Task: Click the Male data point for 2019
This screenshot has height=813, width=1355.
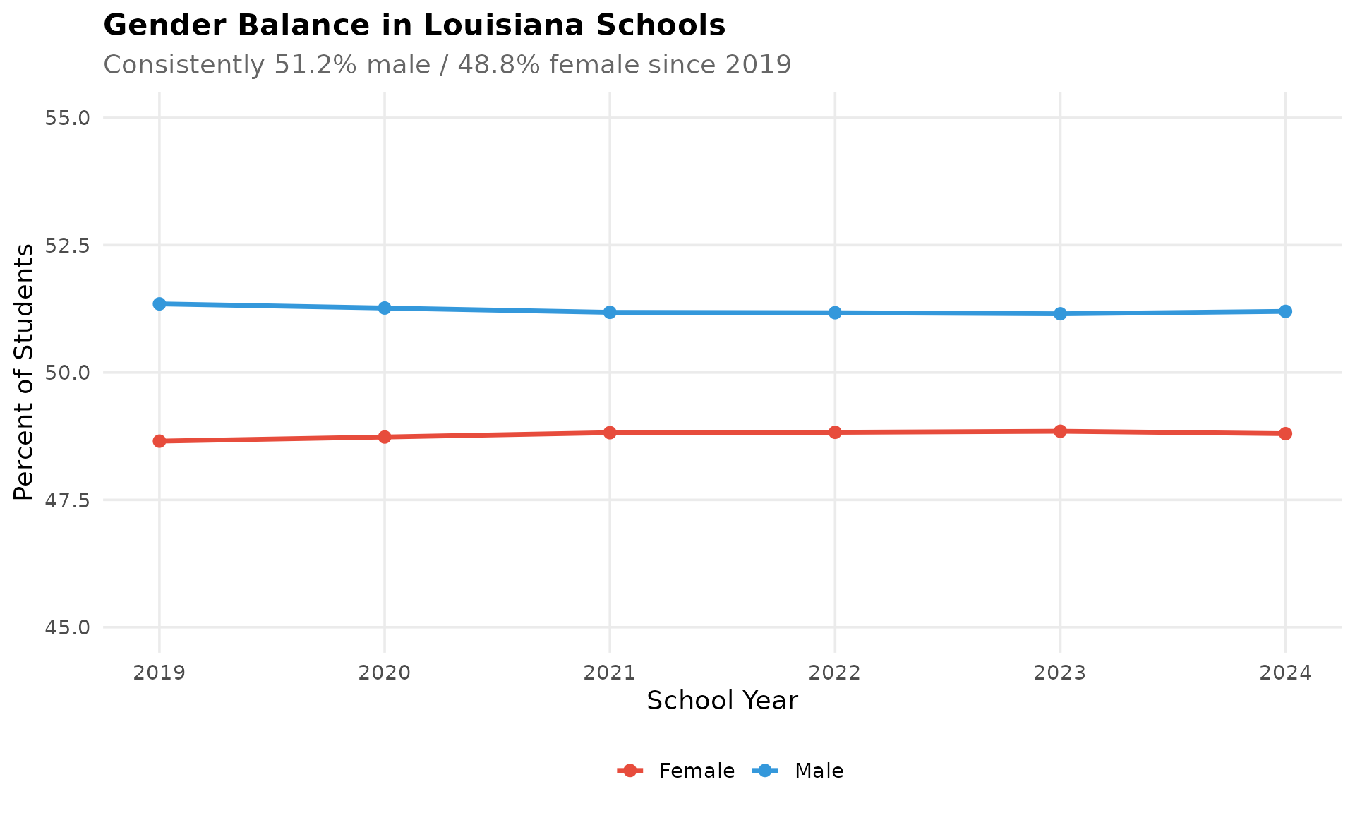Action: [x=159, y=304]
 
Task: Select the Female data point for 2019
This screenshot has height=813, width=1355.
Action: [x=159, y=441]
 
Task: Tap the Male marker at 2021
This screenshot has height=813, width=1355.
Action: [x=610, y=312]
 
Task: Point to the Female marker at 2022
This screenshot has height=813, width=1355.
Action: [x=835, y=433]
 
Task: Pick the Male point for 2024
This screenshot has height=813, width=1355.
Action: [x=1285, y=311]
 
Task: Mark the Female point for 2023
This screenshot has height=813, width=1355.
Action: [x=1060, y=431]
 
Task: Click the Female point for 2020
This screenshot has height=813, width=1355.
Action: [x=385, y=437]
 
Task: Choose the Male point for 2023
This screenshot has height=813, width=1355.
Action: [x=1060, y=313]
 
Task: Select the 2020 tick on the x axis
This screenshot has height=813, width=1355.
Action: [x=385, y=673]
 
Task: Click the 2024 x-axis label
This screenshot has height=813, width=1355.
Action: [x=1285, y=673]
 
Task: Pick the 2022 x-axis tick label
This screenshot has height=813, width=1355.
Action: [x=835, y=673]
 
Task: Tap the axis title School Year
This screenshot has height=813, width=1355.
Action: [x=722, y=701]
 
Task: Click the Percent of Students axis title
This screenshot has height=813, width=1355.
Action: [x=24, y=372]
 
